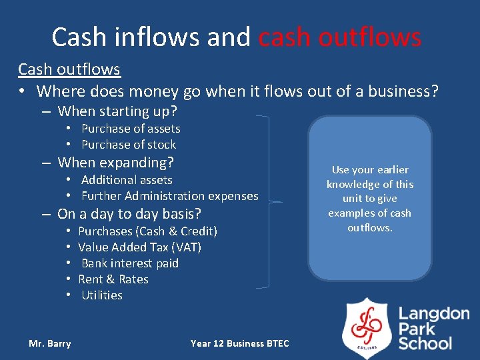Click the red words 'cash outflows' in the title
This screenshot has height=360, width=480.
[x=339, y=37]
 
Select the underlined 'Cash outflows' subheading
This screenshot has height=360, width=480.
[x=69, y=69]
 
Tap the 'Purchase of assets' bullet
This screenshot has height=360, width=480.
[x=131, y=129]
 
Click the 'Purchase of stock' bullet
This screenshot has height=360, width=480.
[x=129, y=145]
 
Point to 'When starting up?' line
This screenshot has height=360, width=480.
[x=117, y=111]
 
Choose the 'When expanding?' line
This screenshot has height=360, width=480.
[x=115, y=163]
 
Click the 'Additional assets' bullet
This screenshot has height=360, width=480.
[x=127, y=180]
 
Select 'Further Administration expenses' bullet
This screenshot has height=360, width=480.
[x=169, y=196]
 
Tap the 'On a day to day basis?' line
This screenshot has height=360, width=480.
[x=129, y=214]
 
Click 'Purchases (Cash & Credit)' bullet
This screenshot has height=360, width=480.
[x=147, y=231]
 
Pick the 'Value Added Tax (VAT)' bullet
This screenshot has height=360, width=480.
[x=139, y=247]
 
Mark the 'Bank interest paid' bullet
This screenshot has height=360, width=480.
[x=130, y=263]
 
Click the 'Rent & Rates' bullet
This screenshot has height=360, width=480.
[x=113, y=279]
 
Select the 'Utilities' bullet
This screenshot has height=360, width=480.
[x=102, y=295]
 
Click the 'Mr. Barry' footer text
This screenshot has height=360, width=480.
[x=50, y=343]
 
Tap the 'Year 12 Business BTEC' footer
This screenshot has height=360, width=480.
[x=240, y=343]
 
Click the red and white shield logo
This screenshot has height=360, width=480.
[x=367, y=327]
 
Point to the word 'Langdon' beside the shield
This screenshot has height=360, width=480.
[x=434, y=314]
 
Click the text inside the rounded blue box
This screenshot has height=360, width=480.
[x=369, y=199]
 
